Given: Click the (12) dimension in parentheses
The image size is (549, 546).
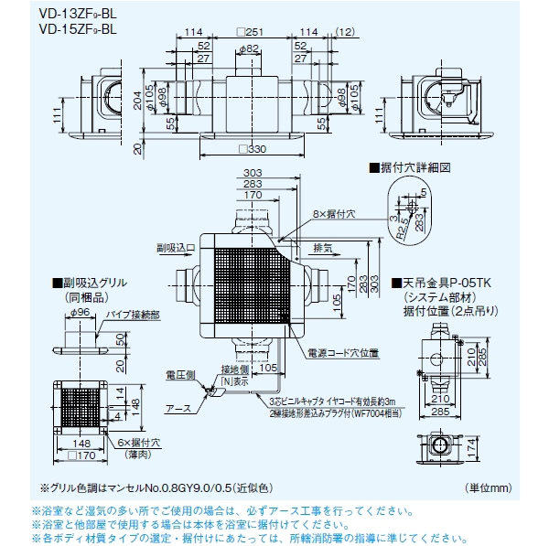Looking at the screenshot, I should (346, 33).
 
